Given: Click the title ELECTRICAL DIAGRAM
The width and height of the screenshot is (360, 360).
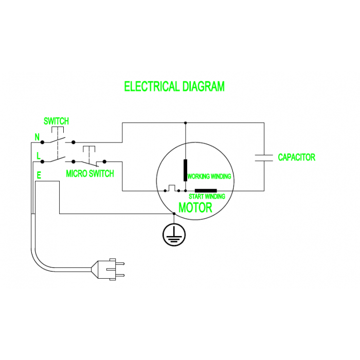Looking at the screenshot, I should pyautogui.click(x=174, y=86).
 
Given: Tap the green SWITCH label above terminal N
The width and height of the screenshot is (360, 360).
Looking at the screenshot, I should pyautogui.click(x=56, y=121).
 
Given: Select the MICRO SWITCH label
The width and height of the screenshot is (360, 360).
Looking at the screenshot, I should pyautogui.click(x=90, y=174).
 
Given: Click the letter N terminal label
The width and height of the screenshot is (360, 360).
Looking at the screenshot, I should pyautogui.click(x=37, y=137).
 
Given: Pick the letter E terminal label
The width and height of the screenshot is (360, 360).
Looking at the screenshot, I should pyautogui.click(x=39, y=175).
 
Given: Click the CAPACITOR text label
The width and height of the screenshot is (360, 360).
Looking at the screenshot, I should pyautogui.click(x=296, y=157).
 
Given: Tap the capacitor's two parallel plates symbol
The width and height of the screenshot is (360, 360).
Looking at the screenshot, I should pyautogui.click(x=264, y=157).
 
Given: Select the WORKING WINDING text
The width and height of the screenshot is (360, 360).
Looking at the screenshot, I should pyautogui.click(x=209, y=176).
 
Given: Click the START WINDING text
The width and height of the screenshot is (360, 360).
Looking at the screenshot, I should pyautogui.click(x=207, y=196).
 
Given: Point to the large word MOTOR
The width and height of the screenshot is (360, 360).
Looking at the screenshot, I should pyautogui.click(x=195, y=208).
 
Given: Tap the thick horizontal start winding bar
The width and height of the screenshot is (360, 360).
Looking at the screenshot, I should pyautogui.click(x=199, y=191).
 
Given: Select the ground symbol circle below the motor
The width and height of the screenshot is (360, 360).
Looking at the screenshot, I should pyautogui.click(x=174, y=234).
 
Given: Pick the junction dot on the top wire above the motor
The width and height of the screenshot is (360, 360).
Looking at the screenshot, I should pyautogui.click(x=185, y=123).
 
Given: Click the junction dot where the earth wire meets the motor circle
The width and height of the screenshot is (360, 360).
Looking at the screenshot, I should pyautogui.click(x=174, y=213).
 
